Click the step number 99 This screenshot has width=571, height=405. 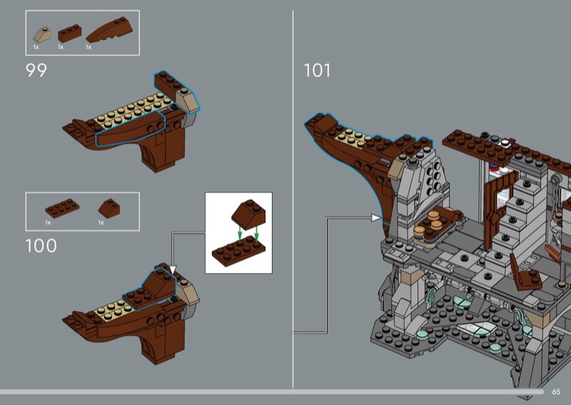36,70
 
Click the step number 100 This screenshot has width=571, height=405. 41,245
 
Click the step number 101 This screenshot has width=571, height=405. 317,70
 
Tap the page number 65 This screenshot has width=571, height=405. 556,391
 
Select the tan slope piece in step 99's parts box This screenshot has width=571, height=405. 41,35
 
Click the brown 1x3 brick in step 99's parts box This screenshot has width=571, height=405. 69,34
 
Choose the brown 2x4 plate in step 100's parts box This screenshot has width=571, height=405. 62,208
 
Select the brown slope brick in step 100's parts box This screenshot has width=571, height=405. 109,208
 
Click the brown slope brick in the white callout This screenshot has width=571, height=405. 248,215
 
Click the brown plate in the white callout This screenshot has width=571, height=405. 238,251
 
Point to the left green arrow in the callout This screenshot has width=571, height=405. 240,232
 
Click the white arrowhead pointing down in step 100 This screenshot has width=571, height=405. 173,270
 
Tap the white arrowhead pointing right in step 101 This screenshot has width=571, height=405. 376,218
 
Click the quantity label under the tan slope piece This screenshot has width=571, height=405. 36,47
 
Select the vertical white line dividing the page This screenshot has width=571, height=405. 293,199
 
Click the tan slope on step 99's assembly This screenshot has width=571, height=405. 188,99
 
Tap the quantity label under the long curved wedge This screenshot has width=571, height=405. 88,47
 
